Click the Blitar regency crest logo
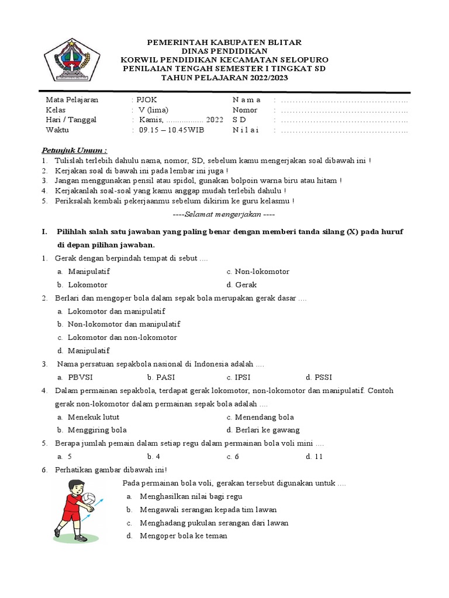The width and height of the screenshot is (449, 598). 72,60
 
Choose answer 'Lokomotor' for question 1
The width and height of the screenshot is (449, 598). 88,285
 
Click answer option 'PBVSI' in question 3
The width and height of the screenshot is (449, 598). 80,378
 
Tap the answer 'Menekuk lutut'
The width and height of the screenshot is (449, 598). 94,418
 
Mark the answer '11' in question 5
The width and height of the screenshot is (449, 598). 318,457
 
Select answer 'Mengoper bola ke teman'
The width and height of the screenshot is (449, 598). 183,536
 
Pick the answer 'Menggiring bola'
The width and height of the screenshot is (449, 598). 93,430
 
